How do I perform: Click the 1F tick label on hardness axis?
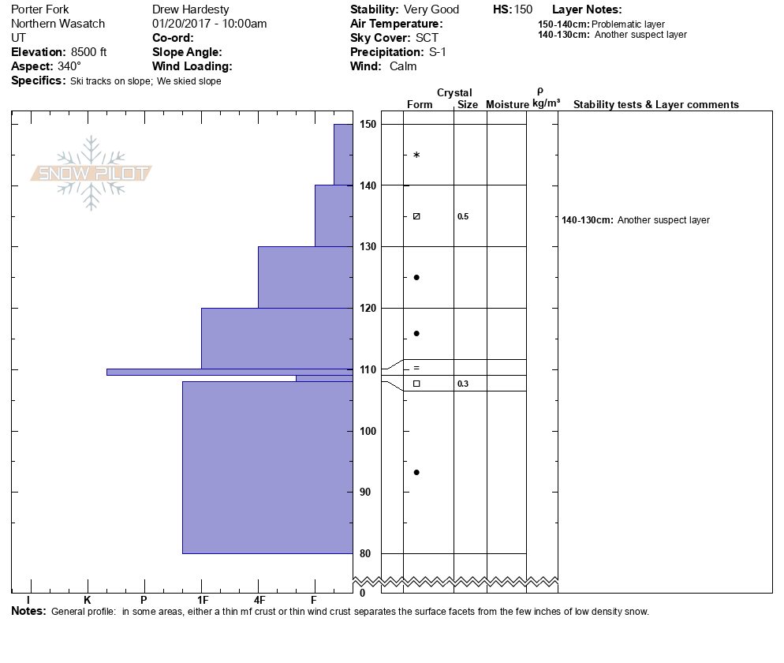(203, 600)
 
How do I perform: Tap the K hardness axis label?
(88, 600)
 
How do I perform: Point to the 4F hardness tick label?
(259, 600)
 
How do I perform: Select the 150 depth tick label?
(368, 125)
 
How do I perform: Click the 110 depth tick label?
(368, 369)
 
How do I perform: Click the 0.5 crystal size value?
(463, 216)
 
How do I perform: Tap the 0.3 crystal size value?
(463, 384)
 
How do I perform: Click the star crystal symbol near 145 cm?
(416, 155)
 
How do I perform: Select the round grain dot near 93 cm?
(416, 472)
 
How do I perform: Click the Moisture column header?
(507, 104)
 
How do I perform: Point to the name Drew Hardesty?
(191, 9)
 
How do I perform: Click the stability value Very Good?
(431, 9)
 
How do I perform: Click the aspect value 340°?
(69, 66)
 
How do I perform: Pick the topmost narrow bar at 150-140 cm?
(343, 154)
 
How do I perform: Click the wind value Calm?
(403, 66)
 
